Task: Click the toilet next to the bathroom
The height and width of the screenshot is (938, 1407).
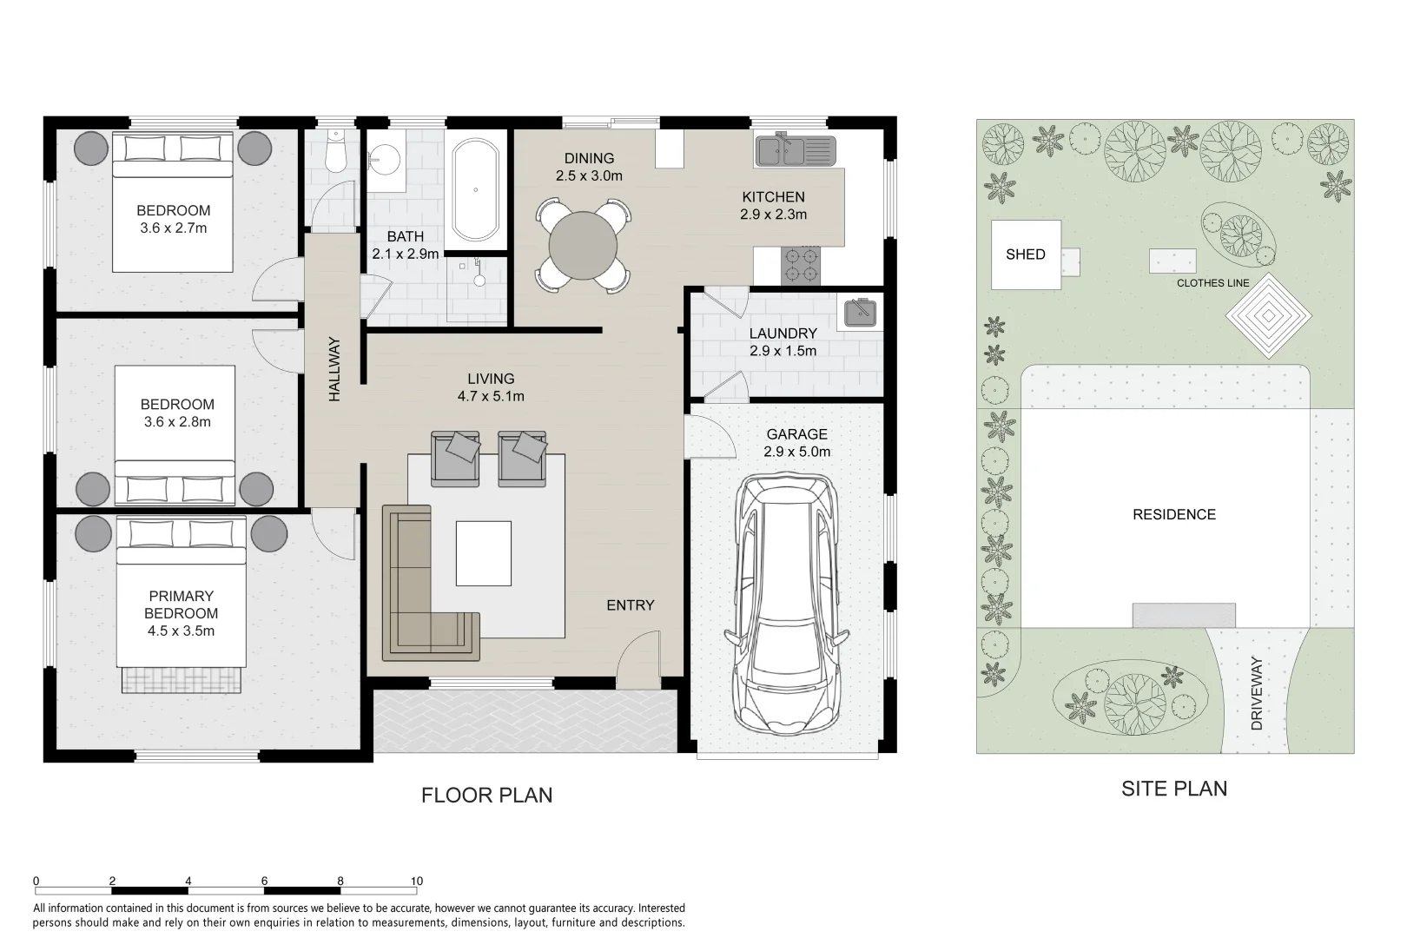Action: [x=334, y=154]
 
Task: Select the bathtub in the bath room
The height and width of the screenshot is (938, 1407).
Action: [x=475, y=188]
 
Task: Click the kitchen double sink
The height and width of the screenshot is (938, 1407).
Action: [x=793, y=151]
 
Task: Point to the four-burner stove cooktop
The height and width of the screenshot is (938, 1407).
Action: [x=802, y=265]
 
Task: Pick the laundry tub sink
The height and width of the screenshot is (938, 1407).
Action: [x=859, y=312]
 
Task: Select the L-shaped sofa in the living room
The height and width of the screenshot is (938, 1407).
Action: [x=417, y=591]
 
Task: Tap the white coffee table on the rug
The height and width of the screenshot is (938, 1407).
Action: [x=484, y=553]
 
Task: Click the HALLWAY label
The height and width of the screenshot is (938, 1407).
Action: [x=334, y=369]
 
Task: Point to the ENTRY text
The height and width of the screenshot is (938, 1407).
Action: [x=630, y=605]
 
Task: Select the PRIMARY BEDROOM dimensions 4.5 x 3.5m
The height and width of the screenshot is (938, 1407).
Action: [x=181, y=631]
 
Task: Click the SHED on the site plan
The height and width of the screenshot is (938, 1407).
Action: [x=1026, y=254]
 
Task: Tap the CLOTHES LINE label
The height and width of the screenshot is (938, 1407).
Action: [x=1212, y=283]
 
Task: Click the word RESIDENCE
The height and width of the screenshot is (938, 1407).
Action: [x=1173, y=514]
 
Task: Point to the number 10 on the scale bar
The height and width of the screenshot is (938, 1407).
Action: [x=416, y=881]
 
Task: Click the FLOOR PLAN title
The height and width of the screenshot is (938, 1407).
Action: [x=486, y=795]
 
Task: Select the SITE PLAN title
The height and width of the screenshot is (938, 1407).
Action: [x=1173, y=789]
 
